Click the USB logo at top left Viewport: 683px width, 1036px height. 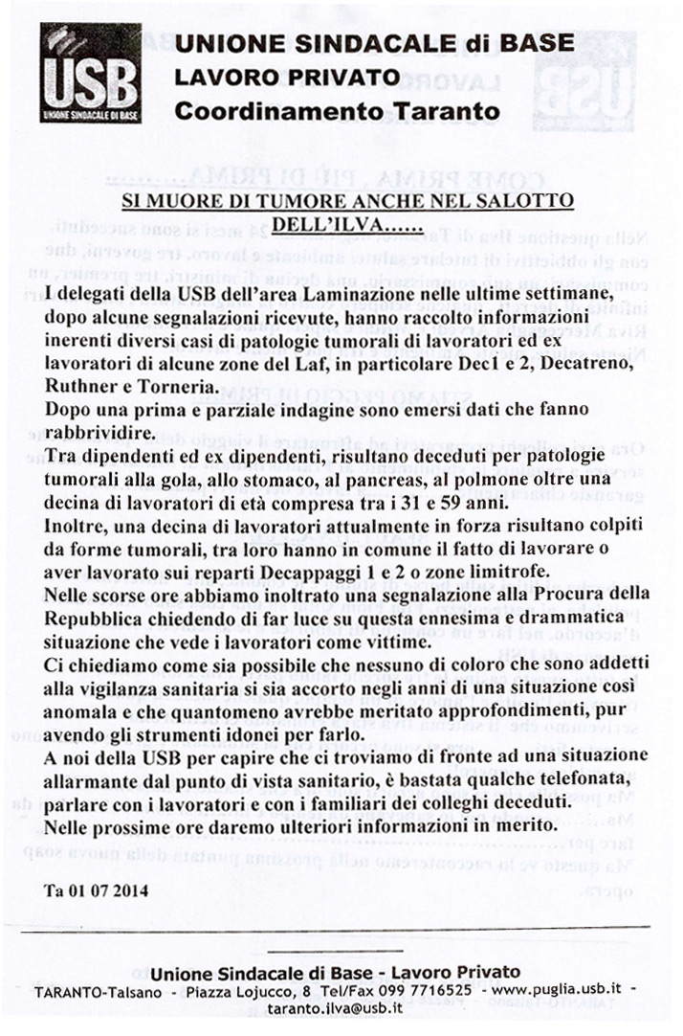pos(90,73)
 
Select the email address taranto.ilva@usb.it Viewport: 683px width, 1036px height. pos(335,1007)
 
